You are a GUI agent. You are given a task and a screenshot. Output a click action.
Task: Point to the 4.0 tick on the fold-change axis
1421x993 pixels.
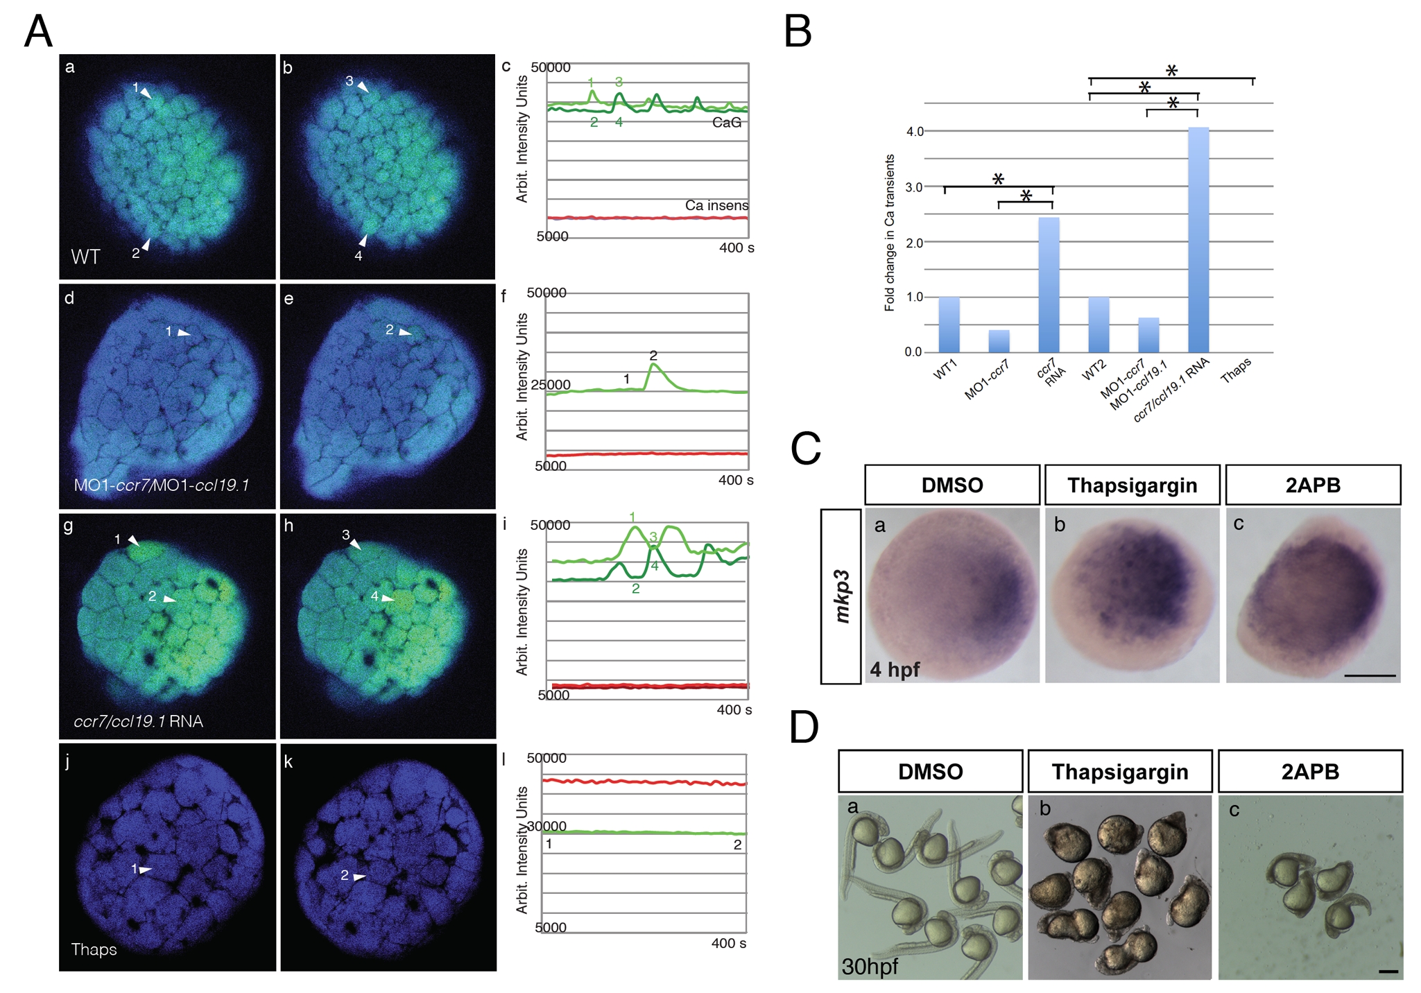coord(915,131)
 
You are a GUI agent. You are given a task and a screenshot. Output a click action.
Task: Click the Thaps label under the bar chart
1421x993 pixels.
coord(1236,369)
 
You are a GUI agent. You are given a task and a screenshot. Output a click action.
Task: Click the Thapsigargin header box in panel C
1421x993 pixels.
coord(1132,485)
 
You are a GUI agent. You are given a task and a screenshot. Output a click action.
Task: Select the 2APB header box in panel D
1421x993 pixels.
coord(1310,771)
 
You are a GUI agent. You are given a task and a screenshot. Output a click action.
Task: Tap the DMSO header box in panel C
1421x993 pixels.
coord(951,485)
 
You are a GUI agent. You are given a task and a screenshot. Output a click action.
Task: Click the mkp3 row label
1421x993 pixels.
coord(841,596)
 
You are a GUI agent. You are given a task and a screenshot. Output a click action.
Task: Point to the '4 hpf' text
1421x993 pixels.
coord(895,669)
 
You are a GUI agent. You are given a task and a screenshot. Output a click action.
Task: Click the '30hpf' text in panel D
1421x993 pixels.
coord(870,966)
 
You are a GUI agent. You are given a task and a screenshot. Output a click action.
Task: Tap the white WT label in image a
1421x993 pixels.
coord(85,257)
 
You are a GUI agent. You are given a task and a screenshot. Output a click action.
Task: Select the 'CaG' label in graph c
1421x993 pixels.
coord(726,123)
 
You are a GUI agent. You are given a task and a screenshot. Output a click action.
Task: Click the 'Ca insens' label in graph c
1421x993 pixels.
coord(716,205)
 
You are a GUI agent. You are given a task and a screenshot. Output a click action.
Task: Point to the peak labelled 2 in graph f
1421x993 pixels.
coord(653,365)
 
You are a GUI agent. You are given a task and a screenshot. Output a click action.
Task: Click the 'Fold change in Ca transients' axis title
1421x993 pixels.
coord(889,232)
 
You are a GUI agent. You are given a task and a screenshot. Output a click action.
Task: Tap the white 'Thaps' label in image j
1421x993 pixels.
coord(94,949)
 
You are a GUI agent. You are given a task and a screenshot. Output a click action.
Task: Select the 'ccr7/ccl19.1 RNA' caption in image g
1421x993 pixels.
coord(138,721)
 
